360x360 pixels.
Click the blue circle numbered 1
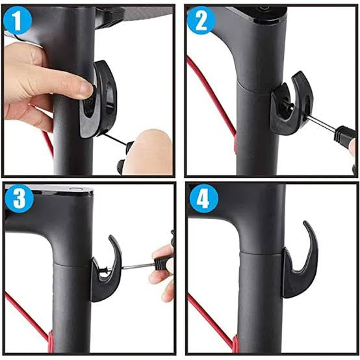click(18, 21)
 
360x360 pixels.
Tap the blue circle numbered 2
click(200, 21)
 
